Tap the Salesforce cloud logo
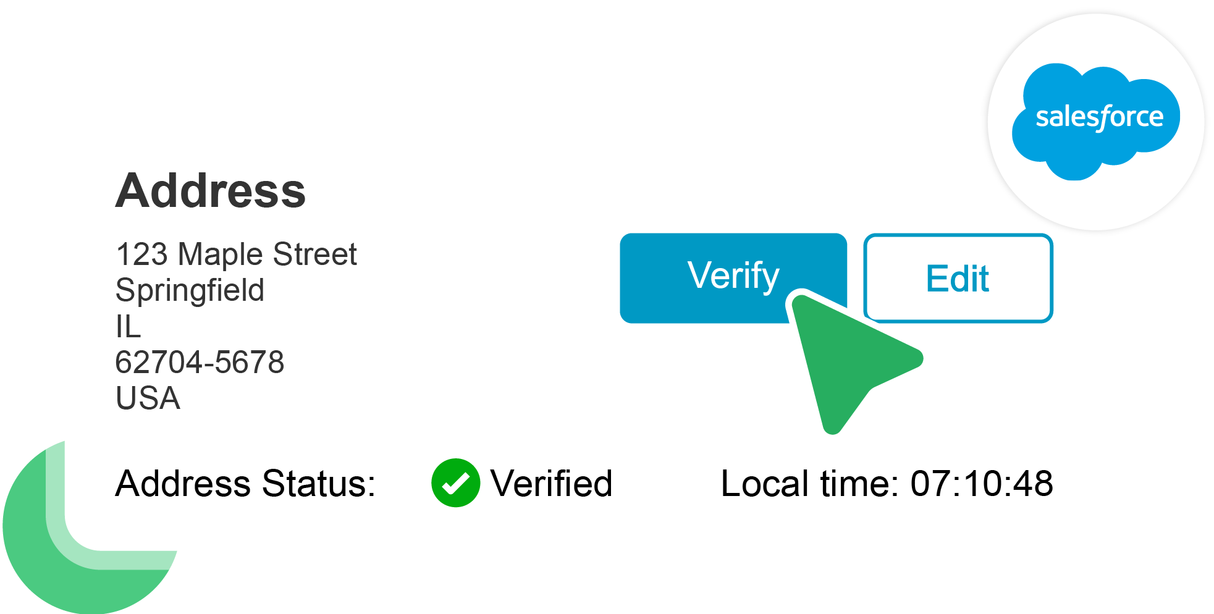click(1096, 120)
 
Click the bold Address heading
click(210, 191)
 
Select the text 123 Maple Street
click(236, 254)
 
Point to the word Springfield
click(190, 290)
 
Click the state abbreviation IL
click(128, 326)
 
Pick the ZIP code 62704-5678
click(200, 362)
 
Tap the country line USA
click(148, 398)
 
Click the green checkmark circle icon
click(455, 483)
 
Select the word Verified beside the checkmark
click(551, 483)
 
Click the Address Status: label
click(245, 483)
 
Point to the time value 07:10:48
click(982, 483)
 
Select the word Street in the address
click(314, 254)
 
